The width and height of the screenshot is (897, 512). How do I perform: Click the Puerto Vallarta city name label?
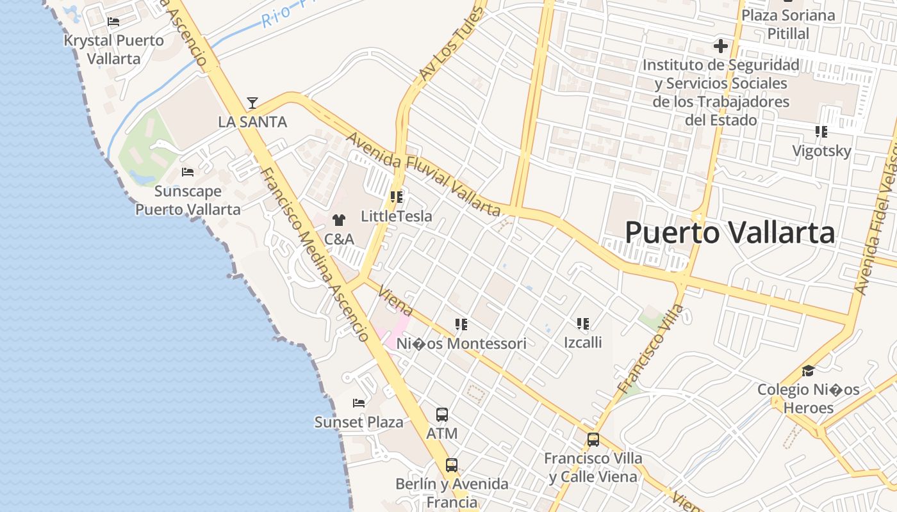[730, 232]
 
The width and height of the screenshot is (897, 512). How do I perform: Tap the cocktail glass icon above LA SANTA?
[252, 102]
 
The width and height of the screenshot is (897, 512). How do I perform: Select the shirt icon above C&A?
[339, 220]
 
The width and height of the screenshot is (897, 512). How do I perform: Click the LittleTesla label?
[397, 216]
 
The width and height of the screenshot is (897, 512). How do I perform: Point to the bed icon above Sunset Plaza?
[359, 403]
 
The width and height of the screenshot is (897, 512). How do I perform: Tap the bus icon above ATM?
[442, 414]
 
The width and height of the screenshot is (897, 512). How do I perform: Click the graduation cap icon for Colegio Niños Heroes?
[809, 371]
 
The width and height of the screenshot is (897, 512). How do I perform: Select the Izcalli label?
[583, 342]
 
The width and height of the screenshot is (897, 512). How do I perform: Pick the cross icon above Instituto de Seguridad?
[721, 46]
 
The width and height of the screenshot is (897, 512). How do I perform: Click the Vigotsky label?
[822, 151]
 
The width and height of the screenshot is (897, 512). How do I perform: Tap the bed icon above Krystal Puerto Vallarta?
[113, 22]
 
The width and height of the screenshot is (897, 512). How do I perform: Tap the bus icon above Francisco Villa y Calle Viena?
[593, 440]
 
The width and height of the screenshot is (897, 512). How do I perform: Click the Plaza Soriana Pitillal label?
[789, 24]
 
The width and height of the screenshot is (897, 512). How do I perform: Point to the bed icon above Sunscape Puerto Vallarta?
[188, 172]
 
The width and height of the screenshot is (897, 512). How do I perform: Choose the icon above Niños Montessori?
[461, 324]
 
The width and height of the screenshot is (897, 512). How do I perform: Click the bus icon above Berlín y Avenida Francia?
[452, 465]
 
